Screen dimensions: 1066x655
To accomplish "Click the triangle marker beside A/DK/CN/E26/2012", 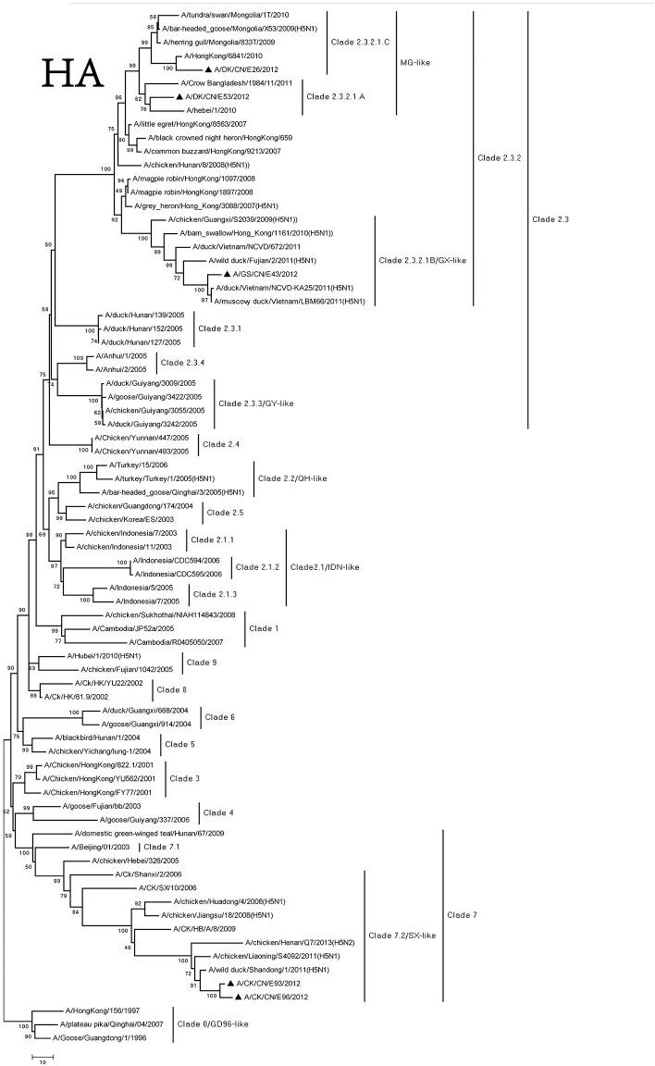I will pos(208,69).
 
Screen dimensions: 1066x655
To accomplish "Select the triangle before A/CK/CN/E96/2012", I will pos(240,996).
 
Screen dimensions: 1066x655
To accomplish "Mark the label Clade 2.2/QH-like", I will pos(293,478).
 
